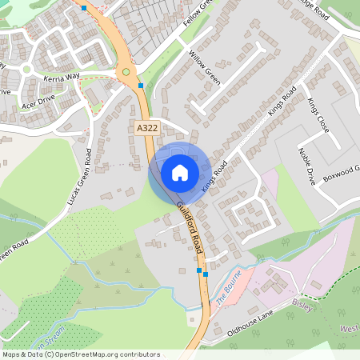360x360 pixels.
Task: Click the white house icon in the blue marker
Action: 180,173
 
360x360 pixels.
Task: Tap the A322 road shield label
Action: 146,128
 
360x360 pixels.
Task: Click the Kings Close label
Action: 318,117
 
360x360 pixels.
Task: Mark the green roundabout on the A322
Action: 126,72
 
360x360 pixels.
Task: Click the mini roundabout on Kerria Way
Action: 26,68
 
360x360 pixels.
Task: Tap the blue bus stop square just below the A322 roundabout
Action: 141,85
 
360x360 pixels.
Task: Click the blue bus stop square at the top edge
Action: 84,8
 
